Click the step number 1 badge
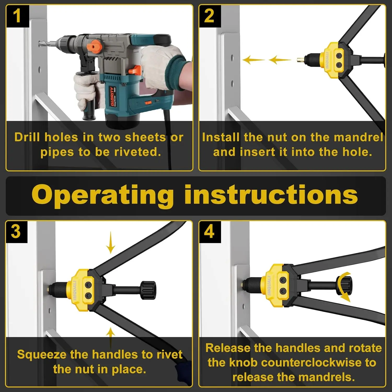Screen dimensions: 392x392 point(17,16)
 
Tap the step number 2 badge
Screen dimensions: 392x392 point(210,16)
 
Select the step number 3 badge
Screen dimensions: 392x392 point(16,232)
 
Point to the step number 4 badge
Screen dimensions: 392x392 point(210,232)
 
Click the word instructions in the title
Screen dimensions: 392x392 point(271,195)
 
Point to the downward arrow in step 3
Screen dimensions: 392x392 point(111,243)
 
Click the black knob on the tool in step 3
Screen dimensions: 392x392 point(148,290)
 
